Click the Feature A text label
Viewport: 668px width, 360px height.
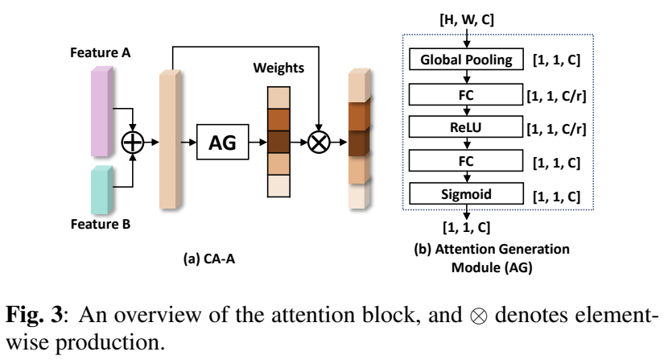point(101,53)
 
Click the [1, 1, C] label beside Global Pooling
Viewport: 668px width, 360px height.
point(558,59)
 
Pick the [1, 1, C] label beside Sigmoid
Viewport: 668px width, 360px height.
point(558,196)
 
